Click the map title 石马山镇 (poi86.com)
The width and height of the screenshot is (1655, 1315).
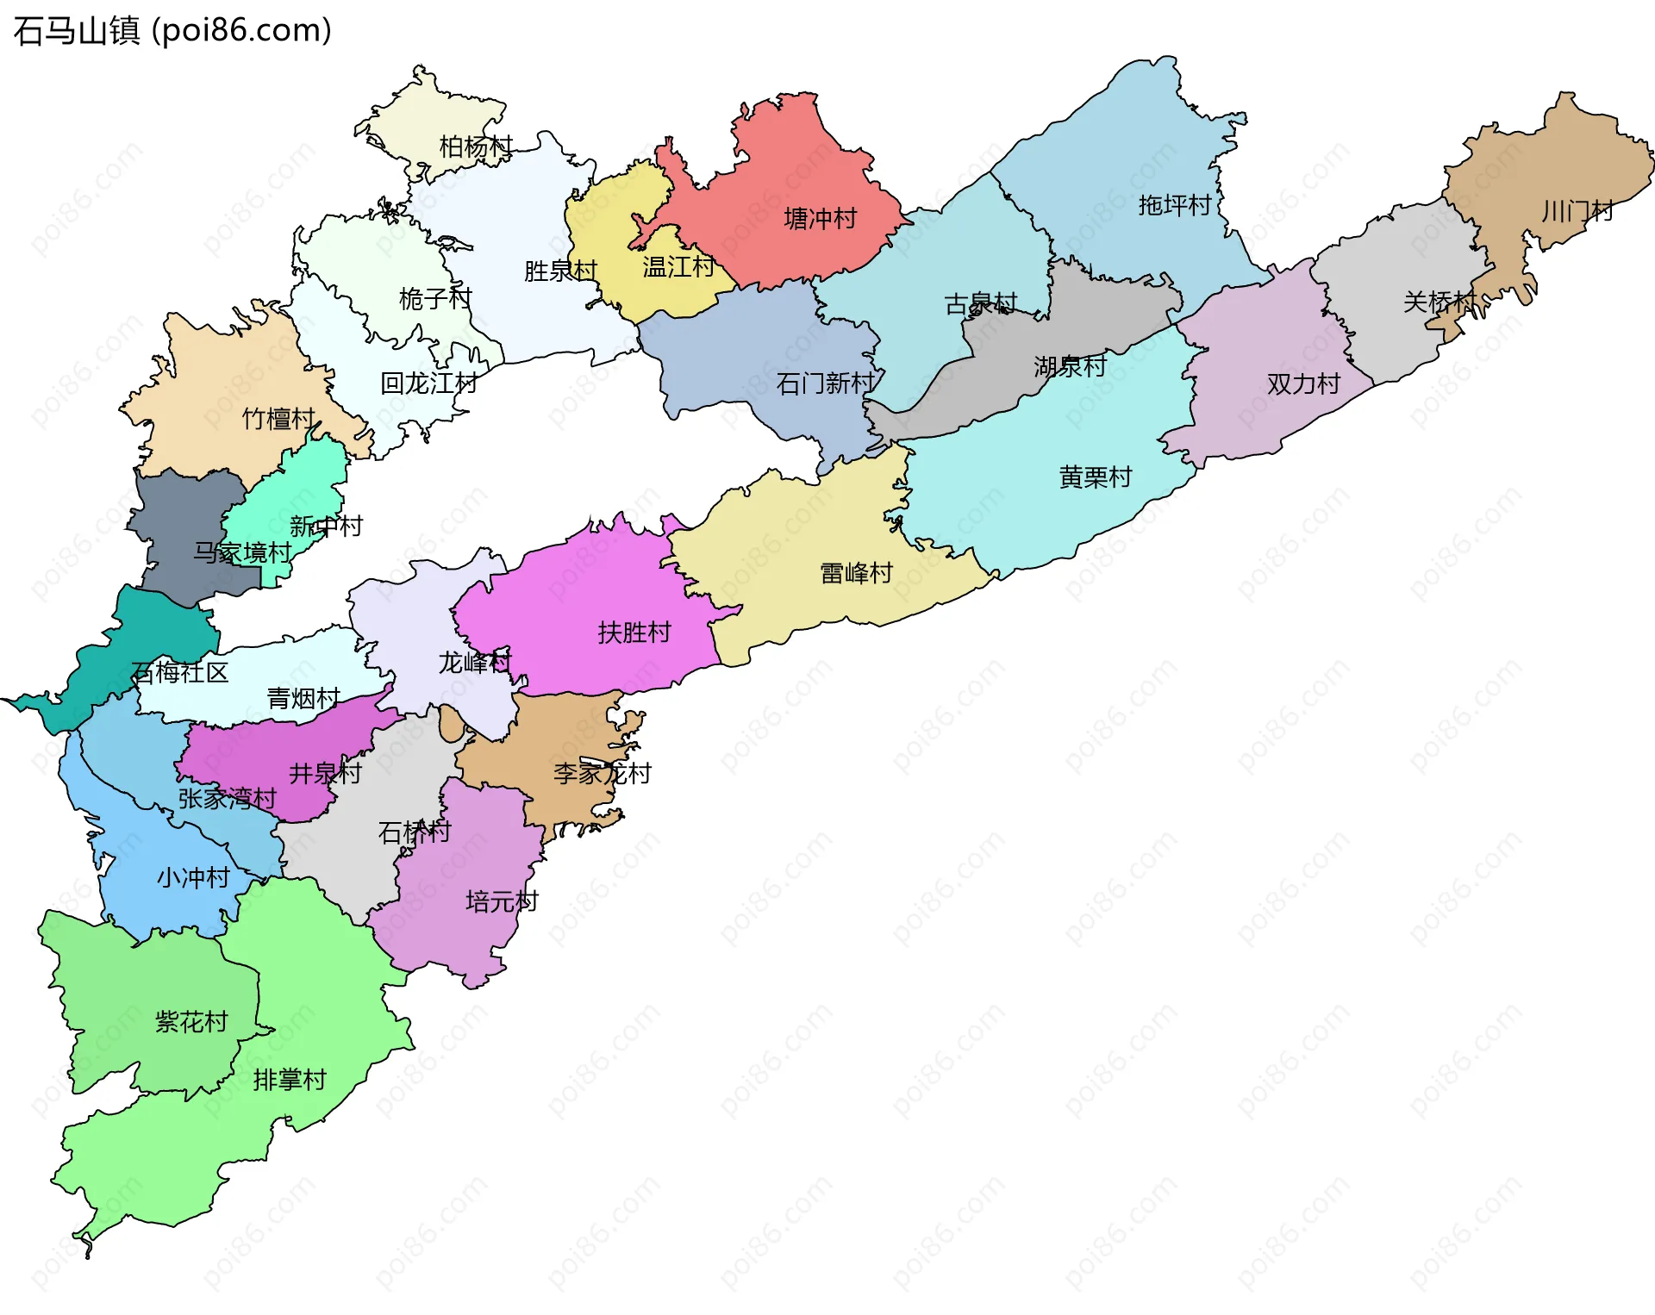click(172, 31)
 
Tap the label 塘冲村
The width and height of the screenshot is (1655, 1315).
click(820, 219)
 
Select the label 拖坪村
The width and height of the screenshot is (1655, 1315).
click(1174, 205)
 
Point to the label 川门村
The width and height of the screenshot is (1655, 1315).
click(1577, 211)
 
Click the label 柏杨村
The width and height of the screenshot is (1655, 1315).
click(476, 146)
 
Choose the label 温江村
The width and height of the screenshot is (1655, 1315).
click(678, 267)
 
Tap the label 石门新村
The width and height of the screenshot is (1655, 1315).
click(825, 383)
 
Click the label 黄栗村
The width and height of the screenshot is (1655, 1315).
click(1095, 477)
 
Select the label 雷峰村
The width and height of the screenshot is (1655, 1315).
click(856, 573)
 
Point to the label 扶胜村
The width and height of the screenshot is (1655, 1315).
click(634, 633)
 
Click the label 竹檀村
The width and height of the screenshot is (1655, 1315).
click(278, 419)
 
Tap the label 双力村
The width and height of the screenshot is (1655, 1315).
click(1303, 383)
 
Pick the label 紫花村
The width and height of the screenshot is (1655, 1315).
click(191, 1022)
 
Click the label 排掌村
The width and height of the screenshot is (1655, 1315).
click(290, 1080)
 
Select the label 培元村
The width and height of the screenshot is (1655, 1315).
click(502, 902)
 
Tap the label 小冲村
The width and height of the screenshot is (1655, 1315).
click(193, 878)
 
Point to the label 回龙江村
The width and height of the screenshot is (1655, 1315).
click(428, 383)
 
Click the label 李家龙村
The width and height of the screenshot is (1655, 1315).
click(602, 774)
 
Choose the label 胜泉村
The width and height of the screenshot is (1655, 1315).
click(560, 271)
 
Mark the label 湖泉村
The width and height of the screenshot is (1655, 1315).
click(1070, 367)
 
